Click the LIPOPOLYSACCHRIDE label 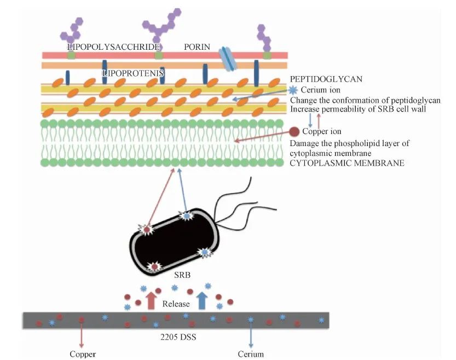point(113,47)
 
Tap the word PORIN point(197,47)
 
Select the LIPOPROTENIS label point(134,72)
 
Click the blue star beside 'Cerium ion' point(293,90)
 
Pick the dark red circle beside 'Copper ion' point(294,131)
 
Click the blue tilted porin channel point(228,59)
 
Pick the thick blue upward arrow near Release point(202,300)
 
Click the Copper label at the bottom point(82,354)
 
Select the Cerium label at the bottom point(251,354)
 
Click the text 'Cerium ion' point(320,90)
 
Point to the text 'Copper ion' point(322,132)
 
